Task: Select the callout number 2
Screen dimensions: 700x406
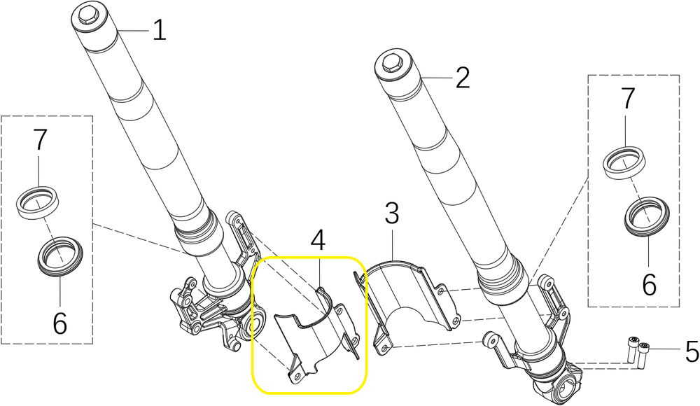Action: coord(463,78)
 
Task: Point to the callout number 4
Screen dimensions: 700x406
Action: coord(318,240)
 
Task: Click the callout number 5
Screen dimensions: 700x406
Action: coord(692,351)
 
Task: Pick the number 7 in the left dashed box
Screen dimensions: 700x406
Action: coord(40,139)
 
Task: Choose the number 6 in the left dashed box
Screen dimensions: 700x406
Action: coord(59,323)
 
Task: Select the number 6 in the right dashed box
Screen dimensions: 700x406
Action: coord(649,284)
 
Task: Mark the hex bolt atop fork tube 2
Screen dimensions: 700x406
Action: coord(391,64)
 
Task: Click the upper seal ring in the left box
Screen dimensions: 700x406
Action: coord(38,202)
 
